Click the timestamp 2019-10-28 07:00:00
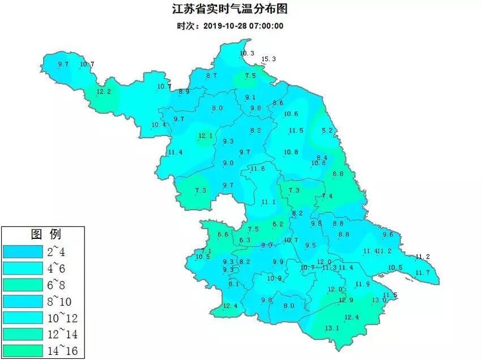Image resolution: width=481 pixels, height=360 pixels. pyautogui.click(x=229, y=25)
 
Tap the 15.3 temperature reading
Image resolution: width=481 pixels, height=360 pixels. pyautogui.click(x=268, y=59)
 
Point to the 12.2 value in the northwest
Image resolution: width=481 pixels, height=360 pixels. pyautogui.click(x=104, y=92)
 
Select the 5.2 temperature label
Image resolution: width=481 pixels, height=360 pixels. pyautogui.click(x=327, y=131)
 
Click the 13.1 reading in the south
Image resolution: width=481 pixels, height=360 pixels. pyautogui.click(x=331, y=328)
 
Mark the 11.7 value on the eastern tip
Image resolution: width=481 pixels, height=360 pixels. pyautogui.click(x=423, y=273)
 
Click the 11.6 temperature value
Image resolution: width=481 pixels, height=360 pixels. pyautogui.click(x=258, y=169)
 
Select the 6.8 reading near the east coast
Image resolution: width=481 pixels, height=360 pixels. pyautogui.click(x=338, y=174)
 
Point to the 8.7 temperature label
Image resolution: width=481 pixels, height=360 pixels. pyautogui.click(x=212, y=75)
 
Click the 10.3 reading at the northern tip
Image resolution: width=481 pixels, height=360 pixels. pyautogui.click(x=247, y=53)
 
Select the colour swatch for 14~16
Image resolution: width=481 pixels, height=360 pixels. pyautogui.click(x=23, y=351)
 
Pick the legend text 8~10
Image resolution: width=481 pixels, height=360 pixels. pyautogui.click(x=63, y=301)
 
